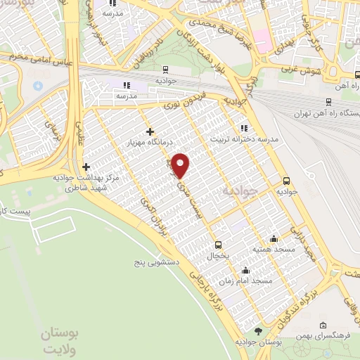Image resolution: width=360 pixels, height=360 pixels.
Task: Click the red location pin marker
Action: pyautogui.click(x=181, y=165)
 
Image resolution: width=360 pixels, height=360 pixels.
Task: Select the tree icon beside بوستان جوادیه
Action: pyautogui.click(x=258, y=331)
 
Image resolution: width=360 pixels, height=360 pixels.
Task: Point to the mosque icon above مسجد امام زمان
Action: pyautogui.click(x=245, y=270)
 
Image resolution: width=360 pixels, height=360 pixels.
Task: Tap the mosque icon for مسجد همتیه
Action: pyautogui.click(x=274, y=239)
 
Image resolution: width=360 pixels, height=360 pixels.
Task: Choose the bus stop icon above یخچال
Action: pyautogui.click(x=218, y=245)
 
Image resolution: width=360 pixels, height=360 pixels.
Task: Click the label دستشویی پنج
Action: pyautogui.click(x=159, y=262)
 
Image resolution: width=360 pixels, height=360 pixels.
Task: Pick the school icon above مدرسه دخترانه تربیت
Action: pyautogui.click(x=243, y=128)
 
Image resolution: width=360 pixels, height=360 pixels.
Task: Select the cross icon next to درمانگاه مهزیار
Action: pyautogui.click(x=149, y=131)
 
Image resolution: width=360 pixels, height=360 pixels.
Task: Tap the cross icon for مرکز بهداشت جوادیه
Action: pyautogui.click(x=86, y=167)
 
